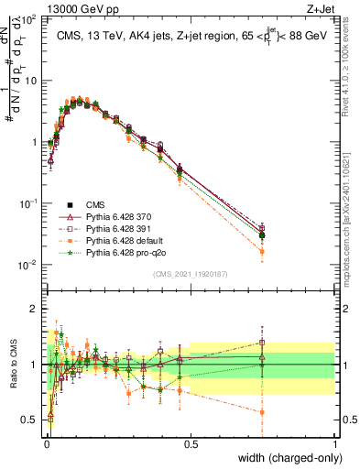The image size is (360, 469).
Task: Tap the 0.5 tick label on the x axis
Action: [191, 443]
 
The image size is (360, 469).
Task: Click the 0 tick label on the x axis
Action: [47, 443]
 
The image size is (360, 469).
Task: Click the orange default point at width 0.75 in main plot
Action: [263, 251]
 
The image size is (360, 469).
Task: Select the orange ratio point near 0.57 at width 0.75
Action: [263, 412]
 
